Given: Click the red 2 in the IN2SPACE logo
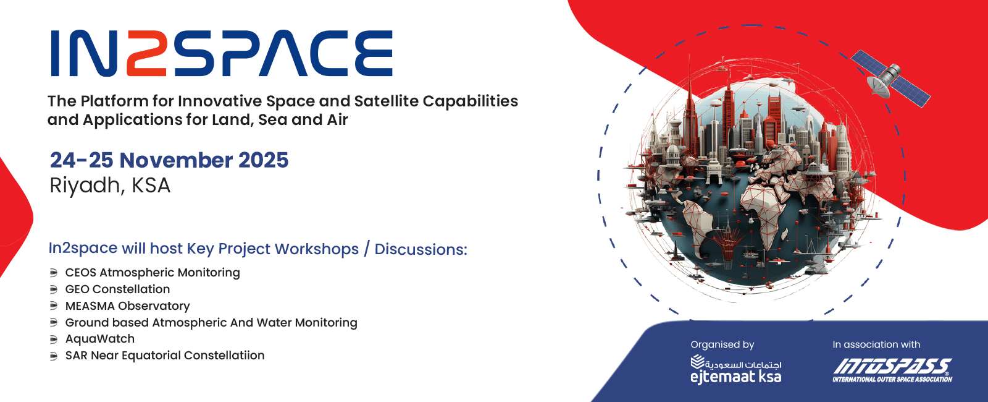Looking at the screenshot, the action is click(x=146, y=53).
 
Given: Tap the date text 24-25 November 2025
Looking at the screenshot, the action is click(x=169, y=160).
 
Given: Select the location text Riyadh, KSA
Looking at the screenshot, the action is click(x=110, y=186).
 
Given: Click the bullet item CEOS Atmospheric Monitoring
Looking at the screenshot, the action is click(x=153, y=273).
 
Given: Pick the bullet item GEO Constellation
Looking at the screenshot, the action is click(x=117, y=289).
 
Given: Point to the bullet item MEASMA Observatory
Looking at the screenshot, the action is click(x=127, y=306).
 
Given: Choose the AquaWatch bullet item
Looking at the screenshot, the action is click(x=99, y=339).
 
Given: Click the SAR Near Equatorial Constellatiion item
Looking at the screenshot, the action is click(x=165, y=355).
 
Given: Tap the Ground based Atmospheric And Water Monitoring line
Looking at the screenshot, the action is click(x=211, y=322).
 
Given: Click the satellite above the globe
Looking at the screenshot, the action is click(x=890, y=79).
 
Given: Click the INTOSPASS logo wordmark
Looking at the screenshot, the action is click(x=892, y=366).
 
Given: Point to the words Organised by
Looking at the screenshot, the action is click(x=722, y=344).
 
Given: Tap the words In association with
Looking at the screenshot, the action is click(x=876, y=344).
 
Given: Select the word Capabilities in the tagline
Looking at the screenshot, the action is click(x=470, y=101).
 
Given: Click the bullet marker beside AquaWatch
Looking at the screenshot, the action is click(x=53, y=340).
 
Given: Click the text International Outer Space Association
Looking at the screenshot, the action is click(x=892, y=379).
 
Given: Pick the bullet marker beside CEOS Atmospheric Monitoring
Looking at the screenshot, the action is click(x=53, y=273).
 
